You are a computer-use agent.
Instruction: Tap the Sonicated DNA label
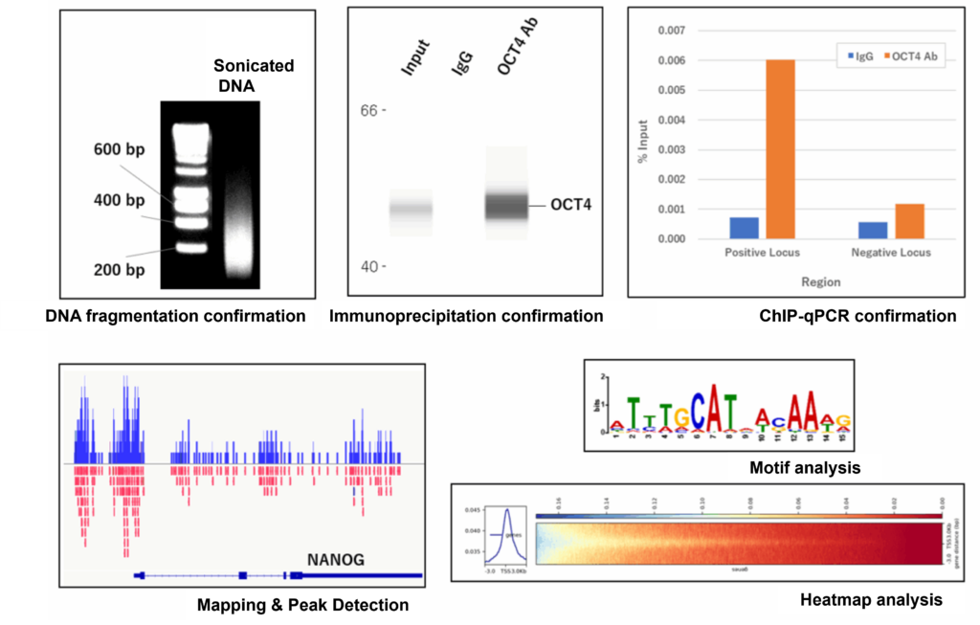[253, 76]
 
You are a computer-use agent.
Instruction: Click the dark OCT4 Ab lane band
[506, 206]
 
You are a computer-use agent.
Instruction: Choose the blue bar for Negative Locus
[872, 231]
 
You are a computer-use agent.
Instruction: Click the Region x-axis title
[821, 282]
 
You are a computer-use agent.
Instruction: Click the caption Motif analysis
[805, 468]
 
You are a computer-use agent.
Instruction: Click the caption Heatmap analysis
[870, 600]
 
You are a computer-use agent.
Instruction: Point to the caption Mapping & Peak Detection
[302, 605]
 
